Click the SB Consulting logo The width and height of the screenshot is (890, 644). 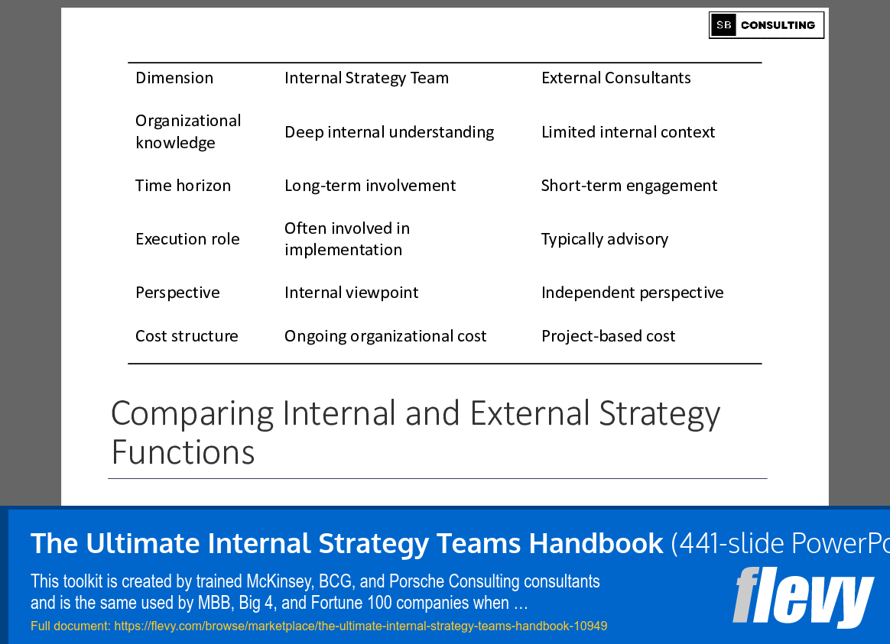click(766, 25)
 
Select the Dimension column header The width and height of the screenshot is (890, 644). click(174, 78)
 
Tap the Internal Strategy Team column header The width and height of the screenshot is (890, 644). click(366, 78)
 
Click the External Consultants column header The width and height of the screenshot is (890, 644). click(616, 78)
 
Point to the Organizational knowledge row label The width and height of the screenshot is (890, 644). click(188, 131)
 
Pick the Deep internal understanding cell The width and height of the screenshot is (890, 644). click(389, 132)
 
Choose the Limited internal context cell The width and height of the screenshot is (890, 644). click(628, 132)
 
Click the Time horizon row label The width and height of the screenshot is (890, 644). click(183, 186)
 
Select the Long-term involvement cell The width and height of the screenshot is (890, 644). click(370, 186)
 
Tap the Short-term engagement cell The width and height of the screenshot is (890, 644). click(629, 186)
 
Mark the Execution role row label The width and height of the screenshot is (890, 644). click(187, 239)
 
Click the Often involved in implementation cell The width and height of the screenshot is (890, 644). click(347, 239)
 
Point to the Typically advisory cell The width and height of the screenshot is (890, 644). click(604, 239)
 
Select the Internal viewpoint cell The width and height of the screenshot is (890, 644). click(352, 293)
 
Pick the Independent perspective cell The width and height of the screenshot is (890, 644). click(632, 293)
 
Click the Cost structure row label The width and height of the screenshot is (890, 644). click(187, 336)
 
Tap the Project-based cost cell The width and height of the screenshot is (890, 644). click(608, 336)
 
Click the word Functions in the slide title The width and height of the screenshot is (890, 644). click(183, 452)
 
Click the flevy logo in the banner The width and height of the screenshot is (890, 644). click(802, 598)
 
